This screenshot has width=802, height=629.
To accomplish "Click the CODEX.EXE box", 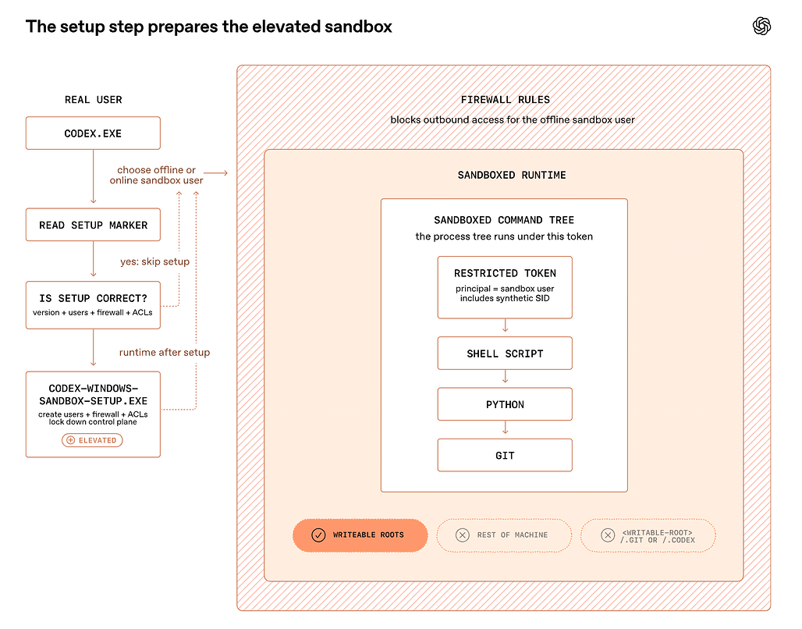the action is tap(93, 133).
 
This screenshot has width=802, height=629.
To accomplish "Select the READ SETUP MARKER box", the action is tap(93, 225).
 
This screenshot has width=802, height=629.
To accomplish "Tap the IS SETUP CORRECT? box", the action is tap(93, 305).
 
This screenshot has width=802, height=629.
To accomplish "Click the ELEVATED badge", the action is tap(92, 440).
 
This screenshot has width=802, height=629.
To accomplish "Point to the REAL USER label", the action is tap(93, 100).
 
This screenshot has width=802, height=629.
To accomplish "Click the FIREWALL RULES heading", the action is tap(506, 100).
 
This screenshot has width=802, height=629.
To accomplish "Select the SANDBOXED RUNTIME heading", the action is tap(512, 175).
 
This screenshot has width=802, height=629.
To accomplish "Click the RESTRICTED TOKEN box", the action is tap(505, 288).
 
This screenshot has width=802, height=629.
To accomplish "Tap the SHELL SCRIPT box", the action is tap(505, 354).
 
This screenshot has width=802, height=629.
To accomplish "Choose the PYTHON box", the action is tap(505, 404).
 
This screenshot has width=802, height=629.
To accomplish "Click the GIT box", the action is tap(505, 455).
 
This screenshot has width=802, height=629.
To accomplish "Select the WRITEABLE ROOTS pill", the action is tap(360, 535).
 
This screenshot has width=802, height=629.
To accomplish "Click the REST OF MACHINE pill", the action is tap(504, 535).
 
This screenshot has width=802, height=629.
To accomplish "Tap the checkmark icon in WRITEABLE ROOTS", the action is tap(318, 535).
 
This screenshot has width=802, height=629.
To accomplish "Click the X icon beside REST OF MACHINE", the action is tap(463, 535).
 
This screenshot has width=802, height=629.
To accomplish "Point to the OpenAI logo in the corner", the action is tap(761, 26).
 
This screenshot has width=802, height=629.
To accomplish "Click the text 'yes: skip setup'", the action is tap(155, 261).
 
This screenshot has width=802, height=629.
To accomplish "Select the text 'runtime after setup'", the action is tap(165, 352).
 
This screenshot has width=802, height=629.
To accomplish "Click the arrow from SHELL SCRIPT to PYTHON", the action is tap(505, 377).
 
